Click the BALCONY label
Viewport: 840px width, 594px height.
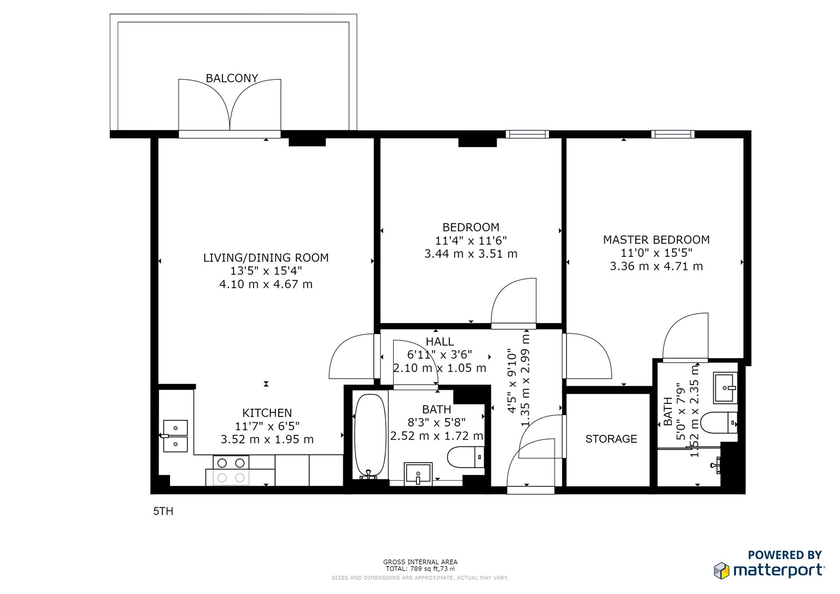pos(232,78)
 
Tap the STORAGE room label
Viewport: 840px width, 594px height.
pos(611,439)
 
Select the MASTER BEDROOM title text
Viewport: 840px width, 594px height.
pos(656,240)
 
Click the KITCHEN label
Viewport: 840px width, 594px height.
pos(267,413)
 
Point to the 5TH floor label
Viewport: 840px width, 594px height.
pos(163,512)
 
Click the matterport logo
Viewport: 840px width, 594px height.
pos(769,570)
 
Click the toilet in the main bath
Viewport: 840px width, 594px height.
pos(466,457)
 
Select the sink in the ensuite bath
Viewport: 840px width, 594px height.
pos(725,388)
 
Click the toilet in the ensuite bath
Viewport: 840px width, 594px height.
pos(719,422)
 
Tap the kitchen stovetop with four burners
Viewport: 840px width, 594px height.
pos(230,471)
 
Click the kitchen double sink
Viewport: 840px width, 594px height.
pos(175,436)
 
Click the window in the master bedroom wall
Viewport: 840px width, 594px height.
pos(673,134)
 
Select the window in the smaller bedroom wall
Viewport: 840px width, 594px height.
pos(527,134)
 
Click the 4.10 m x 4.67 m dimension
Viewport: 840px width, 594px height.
pos(266,285)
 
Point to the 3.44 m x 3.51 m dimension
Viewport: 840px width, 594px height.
pos(470,254)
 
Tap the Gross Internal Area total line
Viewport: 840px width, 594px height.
pos(420,568)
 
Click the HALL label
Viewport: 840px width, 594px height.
pos(439,342)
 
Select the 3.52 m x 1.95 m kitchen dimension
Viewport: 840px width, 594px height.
pos(267,440)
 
